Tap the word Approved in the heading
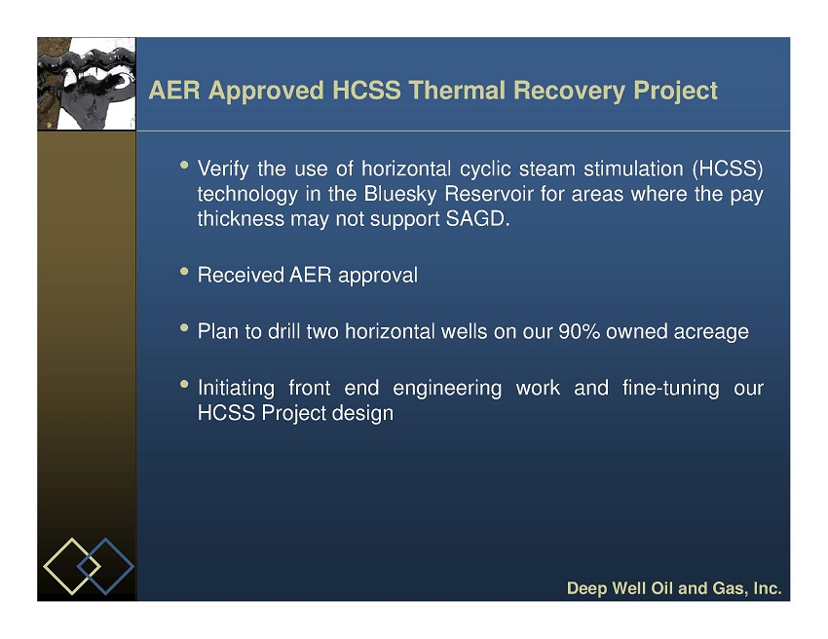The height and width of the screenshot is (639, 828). click(266, 92)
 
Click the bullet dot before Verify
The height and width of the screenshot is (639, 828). click(184, 165)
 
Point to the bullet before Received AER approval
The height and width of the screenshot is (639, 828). click(184, 272)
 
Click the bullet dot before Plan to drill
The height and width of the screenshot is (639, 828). click(184, 328)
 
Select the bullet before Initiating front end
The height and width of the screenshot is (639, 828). click(184, 384)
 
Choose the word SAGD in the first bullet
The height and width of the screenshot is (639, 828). click(477, 218)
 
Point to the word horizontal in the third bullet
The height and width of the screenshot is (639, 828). click(390, 331)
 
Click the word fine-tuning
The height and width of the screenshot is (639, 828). click(670, 389)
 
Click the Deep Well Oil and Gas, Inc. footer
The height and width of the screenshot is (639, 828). click(674, 588)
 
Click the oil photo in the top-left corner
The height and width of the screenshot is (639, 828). click(87, 84)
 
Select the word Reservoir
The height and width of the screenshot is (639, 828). click(488, 194)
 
